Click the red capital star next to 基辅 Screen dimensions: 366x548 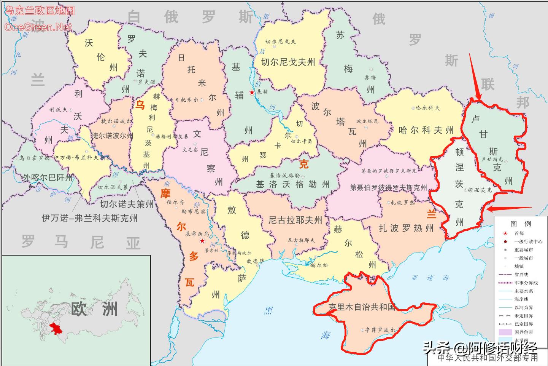tap(251, 93)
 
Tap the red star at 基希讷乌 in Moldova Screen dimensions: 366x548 tap(202, 241)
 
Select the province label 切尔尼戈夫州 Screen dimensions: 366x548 tap(288, 62)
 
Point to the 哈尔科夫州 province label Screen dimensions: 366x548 tap(426, 130)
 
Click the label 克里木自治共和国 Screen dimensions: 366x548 tap(362, 307)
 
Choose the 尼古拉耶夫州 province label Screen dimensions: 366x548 tap(295, 220)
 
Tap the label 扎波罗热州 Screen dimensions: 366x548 tap(406, 228)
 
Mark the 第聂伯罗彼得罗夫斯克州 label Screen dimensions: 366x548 tap(388, 187)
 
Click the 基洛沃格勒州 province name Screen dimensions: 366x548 tap(293, 185)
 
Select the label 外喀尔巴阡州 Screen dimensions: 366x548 tap(48, 177)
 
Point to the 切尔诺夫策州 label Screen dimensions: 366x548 tap(127, 204)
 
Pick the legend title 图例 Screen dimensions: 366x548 tap(521, 224)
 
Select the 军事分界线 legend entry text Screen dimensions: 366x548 tap(526, 283)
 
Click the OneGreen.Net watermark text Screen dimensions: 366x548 tap(38, 27)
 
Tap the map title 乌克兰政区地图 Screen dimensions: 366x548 tap(39, 11)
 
